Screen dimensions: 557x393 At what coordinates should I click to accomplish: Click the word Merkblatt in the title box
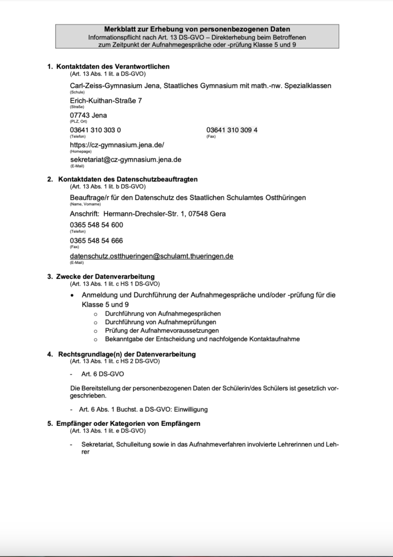point(120,29)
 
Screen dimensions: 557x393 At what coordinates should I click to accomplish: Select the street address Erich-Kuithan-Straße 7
point(106,101)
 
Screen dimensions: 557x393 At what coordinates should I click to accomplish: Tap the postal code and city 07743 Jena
point(89,115)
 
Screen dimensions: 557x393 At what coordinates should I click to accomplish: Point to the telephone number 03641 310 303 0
point(96,130)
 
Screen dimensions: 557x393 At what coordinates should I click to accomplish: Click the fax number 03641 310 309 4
point(232,130)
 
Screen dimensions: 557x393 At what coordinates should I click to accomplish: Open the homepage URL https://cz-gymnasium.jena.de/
point(117,145)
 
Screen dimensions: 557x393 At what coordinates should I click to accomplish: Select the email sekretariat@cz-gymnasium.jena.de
point(126,160)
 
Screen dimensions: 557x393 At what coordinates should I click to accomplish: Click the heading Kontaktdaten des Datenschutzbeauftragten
point(128,179)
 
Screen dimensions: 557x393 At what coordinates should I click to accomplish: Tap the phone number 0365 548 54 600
point(97,225)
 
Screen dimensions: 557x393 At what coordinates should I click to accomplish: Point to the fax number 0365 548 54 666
point(97,240)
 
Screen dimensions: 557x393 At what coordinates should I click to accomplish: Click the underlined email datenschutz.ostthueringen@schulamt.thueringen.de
point(152,256)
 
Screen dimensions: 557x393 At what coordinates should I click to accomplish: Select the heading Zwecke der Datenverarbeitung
point(105,276)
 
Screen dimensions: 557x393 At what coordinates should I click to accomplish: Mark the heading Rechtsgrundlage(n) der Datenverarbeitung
point(127,354)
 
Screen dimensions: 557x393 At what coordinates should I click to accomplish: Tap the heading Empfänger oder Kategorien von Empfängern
point(128,423)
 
